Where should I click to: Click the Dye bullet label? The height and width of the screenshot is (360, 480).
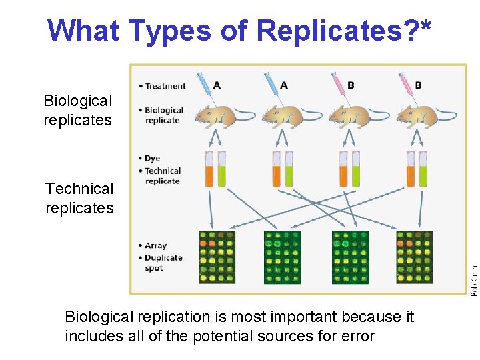click(x=152, y=159)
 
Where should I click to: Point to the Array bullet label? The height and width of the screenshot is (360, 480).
click(x=155, y=245)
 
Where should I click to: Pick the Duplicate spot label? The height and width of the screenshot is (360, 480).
click(x=163, y=263)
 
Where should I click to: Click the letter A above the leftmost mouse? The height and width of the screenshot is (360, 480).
click(x=217, y=85)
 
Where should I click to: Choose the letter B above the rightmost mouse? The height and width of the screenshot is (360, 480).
click(x=418, y=85)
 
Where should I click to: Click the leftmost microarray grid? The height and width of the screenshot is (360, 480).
click(x=217, y=256)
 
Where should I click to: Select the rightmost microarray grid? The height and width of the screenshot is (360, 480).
click(x=414, y=256)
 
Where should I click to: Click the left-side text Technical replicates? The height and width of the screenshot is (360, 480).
click(x=79, y=199)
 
